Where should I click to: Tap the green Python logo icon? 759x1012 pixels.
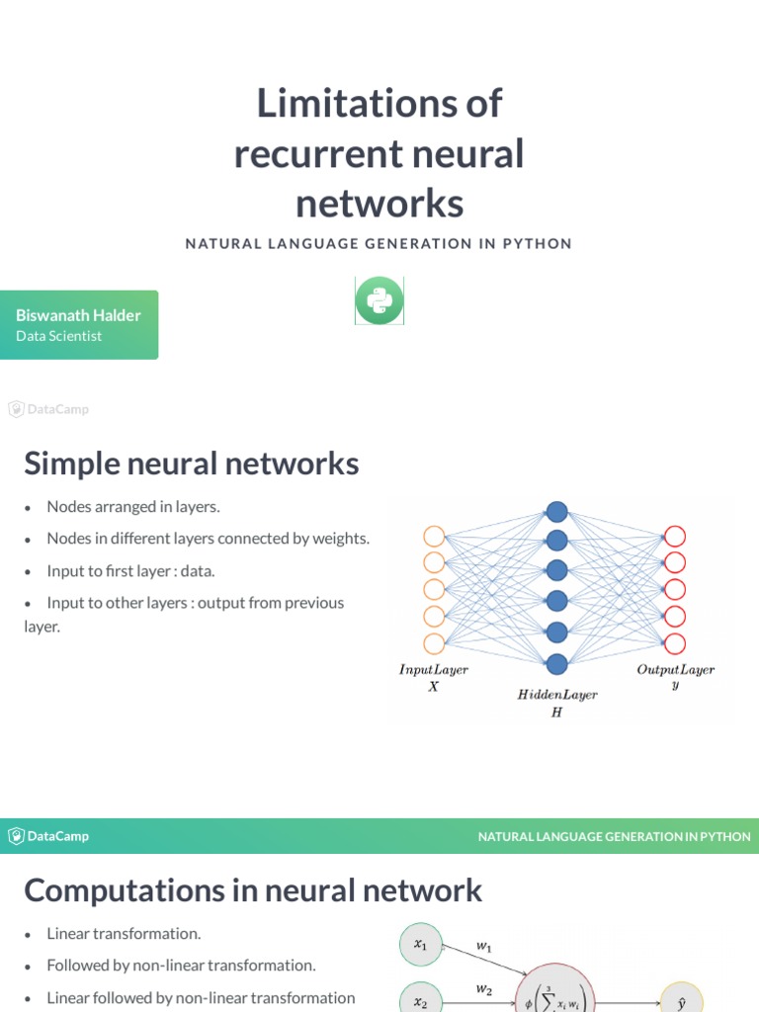pyautogui.click(x=379, y=300)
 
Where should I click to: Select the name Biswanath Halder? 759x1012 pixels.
pyautogui.click(x=78, y=315)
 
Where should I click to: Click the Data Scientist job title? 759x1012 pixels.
pyautogui.click(x=58, y=336)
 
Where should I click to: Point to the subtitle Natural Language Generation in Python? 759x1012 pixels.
pyautogui.click(x=379, y=243)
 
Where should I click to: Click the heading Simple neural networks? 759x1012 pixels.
pyautogui.click(x=191, y=463)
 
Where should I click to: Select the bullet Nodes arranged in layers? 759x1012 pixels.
pyautogui.click(x=133, y=507)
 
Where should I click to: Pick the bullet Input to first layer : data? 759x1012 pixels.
pyautogui.click(x=130, y=570)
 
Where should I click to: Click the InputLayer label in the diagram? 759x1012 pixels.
pyautogui.click(x=433, y=669)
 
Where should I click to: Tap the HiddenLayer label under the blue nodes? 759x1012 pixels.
pyautogui.click(x=557, y=695)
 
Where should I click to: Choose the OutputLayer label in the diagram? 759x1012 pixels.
pyautogui.click(x=675, y=669)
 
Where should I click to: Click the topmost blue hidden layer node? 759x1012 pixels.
pyautogui.click(x=557, y=512)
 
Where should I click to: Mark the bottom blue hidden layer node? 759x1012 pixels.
pyautogui.click(x=557, y=662)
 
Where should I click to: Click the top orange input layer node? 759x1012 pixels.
pyautogui.click(x=434, y=537)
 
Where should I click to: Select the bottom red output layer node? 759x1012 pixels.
pyautogui.click(x=675, y=644)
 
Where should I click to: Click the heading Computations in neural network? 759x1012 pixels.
pyautogui.click(x=253, y=889)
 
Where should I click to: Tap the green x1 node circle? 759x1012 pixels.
pyautogui.click(x=421, y=945)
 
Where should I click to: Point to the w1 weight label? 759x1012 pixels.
pyautogui.click(x=484, y=946)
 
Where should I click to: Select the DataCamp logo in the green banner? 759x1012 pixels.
pyautogui.click(x=48, y=836)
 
